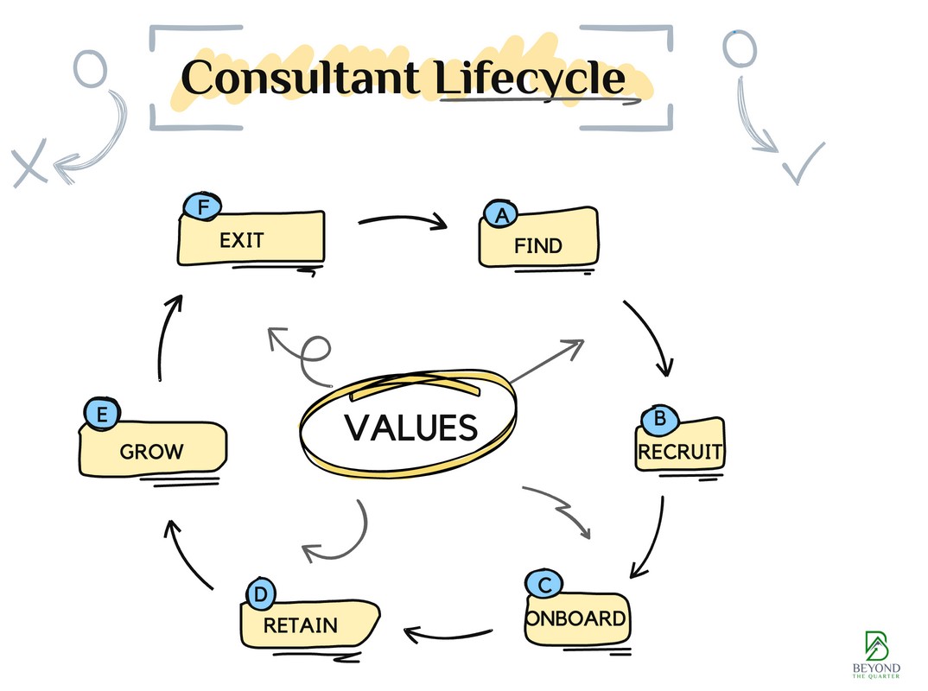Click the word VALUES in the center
[411, 428]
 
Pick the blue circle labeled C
[544, 586]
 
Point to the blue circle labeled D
[260, 594]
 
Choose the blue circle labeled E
[102, 415]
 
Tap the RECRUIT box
[681, 449]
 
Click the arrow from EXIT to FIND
[404, 223]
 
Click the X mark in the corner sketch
[29, 163]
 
